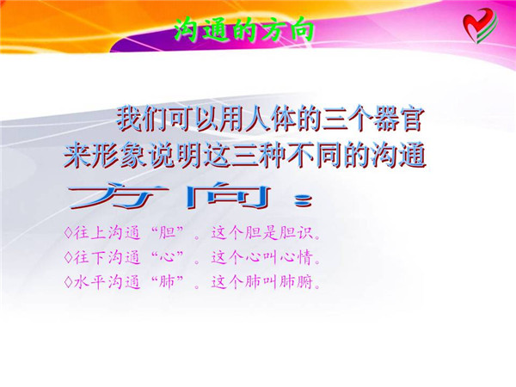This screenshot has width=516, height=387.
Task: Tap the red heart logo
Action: pos(480,26)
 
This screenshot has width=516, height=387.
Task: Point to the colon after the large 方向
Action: pos(303,201)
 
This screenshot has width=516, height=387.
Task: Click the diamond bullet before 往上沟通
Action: pos(69,233)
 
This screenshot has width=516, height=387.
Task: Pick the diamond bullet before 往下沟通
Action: pos(69,257)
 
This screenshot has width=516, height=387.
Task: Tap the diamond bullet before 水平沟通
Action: pos(69,282)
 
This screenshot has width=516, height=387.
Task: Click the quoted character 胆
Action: pos(166,233)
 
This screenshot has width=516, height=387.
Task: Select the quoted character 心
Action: pos(166,257)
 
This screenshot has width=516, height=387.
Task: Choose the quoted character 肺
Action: pos(166,282)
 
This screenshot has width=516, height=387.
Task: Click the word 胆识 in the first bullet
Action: pos(296,233)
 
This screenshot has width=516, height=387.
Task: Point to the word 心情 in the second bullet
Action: pos(296,257)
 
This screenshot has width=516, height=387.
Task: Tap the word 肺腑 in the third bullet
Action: pos(296,282)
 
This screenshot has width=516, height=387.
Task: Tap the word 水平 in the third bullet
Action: pos(89,282)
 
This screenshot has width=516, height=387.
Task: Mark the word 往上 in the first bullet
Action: pos(89,233)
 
